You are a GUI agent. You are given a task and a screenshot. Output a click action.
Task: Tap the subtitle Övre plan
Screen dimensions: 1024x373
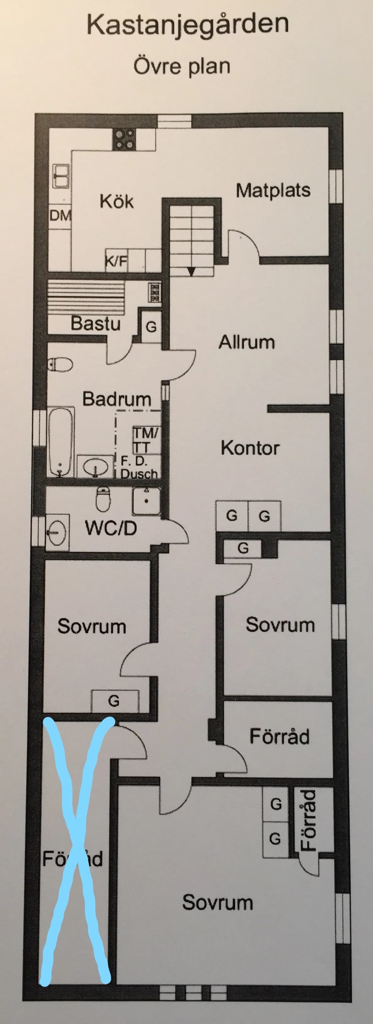tap(182, 66)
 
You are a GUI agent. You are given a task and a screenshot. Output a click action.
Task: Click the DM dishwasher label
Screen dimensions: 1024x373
tap(60, 216)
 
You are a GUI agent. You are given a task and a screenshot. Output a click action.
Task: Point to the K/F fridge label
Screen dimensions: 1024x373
tap(116, 261)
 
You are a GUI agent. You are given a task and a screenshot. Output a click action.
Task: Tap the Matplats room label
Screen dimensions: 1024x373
tap(273, 190)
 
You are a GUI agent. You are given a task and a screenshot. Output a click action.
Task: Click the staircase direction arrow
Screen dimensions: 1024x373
tap(191, 271)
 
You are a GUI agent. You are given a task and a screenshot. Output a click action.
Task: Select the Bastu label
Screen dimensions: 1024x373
tap(95, 323)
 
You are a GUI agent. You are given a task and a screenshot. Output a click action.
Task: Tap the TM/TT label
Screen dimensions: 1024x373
tap(146, 440)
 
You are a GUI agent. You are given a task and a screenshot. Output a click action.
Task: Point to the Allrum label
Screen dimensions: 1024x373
tap(246, 342)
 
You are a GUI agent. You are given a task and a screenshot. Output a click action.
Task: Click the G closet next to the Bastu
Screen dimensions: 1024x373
tap(151, 327)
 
